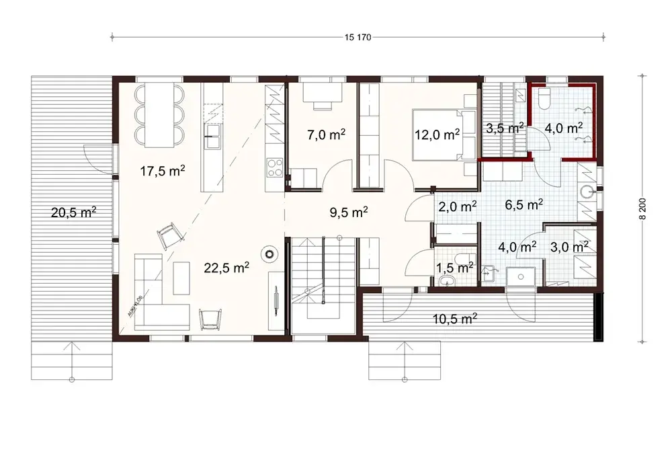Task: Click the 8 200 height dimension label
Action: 642,208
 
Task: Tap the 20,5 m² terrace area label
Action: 73,213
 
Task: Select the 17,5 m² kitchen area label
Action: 163,171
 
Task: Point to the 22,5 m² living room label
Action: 226,267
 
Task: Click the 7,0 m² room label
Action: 326,134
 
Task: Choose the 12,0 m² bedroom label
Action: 437,134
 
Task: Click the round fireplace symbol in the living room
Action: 270,254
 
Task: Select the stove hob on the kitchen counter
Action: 275,166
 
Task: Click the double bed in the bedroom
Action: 437,134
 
